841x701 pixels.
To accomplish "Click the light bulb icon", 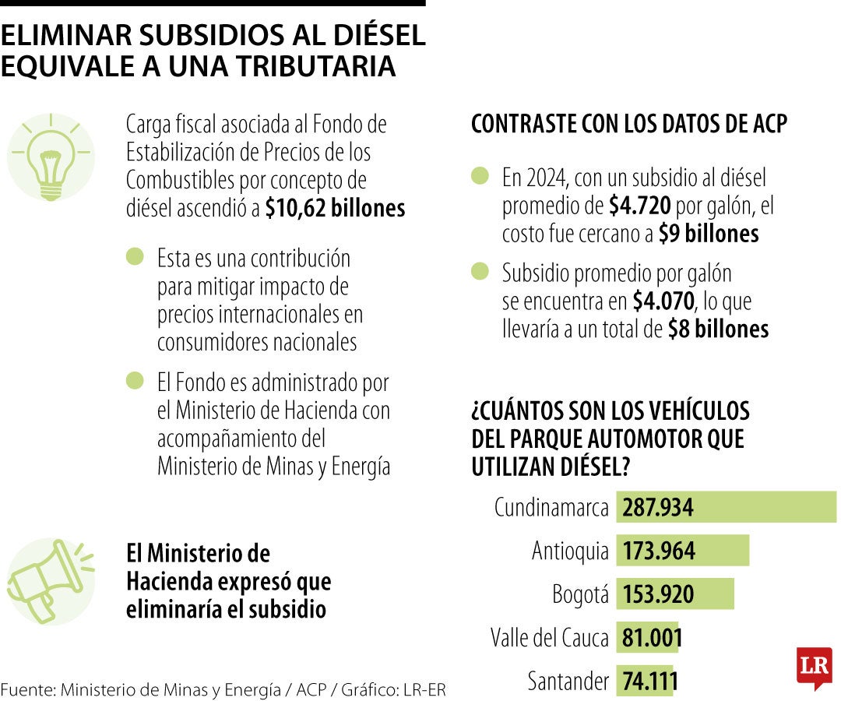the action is (50, 157).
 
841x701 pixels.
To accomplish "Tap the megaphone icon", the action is (50, 580).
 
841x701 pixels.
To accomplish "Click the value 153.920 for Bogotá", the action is (658, 595).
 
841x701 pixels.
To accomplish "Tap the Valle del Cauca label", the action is (549, 638).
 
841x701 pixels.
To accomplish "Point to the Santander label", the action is (568, 682).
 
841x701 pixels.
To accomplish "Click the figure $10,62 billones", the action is (335, 209).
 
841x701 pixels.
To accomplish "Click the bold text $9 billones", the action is (708, 234).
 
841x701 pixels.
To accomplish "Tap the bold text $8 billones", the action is (718, 329).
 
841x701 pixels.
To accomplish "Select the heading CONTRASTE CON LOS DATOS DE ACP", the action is (629, 124).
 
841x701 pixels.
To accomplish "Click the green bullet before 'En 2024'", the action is (480, 176).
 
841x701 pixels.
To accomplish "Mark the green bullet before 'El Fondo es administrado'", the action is (135, 381).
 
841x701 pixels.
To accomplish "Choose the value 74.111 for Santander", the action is (649, 682).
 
